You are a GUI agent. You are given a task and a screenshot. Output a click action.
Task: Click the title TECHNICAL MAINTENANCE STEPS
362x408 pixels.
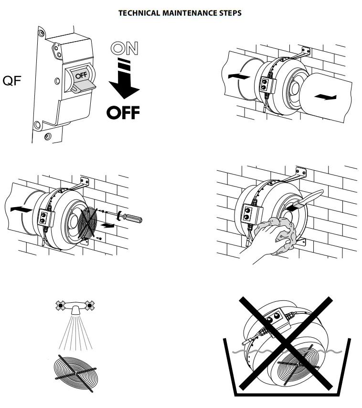click(180, 13)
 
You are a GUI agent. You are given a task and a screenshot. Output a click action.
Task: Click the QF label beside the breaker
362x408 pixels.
click(12, 80)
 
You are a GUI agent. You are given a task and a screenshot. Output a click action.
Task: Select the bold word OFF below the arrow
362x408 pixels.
click(123, 112)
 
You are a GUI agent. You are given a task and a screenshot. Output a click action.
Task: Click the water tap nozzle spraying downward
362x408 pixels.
click(74, 312)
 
